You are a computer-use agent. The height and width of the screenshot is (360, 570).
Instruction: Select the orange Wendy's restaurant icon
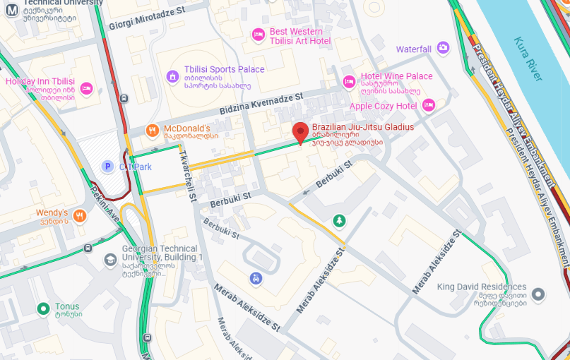tap(80, 215)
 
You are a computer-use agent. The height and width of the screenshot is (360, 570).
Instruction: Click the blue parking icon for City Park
tap(107, 167)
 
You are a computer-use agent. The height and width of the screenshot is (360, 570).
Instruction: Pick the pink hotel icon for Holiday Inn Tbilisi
tap(86, 88)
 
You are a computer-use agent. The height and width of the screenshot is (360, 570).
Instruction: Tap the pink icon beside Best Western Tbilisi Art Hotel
tap(258, 34)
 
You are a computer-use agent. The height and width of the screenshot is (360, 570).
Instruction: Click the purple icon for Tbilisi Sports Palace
tap(172, 76)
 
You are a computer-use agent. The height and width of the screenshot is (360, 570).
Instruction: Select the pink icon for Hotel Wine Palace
tap(348, 81)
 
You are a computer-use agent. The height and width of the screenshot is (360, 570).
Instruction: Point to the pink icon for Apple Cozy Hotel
tap(428, 106)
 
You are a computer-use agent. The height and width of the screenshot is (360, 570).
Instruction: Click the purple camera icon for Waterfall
tap(443, 49)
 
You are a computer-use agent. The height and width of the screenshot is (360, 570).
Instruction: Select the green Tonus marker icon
tap(44, 308)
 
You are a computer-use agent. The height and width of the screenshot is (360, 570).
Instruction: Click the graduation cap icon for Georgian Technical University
tap(110, 260)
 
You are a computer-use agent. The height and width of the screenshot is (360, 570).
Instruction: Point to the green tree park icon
tap(340, 221)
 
